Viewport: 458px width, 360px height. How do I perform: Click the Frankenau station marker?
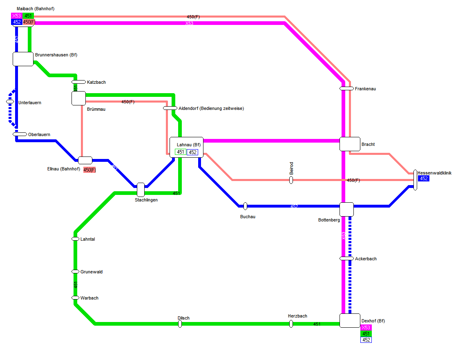point(346,88)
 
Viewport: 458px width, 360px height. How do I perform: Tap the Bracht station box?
point(350,144)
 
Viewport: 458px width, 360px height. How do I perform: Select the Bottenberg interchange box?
point(346,209)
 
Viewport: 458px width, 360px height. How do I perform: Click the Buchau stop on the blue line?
point(245,206)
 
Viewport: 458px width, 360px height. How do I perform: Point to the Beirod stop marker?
point(291,180)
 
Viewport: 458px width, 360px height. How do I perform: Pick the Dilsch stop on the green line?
point(180,324)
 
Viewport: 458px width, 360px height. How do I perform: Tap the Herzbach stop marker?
point(291,324)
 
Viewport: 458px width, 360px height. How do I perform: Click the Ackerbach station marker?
point(346,258)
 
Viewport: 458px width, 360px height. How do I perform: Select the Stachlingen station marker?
point(141,190)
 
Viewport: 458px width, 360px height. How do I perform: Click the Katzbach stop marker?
point(78,82)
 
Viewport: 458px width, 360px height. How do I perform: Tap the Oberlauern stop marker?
point(20,134)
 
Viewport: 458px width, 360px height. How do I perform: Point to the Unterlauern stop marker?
point(10,101)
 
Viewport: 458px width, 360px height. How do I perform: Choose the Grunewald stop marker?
point(75,271)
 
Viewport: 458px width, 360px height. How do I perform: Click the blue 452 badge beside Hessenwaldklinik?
point(424,179)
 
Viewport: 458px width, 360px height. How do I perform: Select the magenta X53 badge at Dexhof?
point(366,328)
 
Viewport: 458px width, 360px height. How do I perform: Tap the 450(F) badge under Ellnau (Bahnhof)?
point(89,170)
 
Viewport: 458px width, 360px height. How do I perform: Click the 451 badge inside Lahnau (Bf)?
point(180,152)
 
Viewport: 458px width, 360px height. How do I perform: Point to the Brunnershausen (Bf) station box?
point(23,59)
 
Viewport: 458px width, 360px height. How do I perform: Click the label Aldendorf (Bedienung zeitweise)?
point(211,108)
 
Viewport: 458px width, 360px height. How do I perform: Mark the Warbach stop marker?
point(75,297)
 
